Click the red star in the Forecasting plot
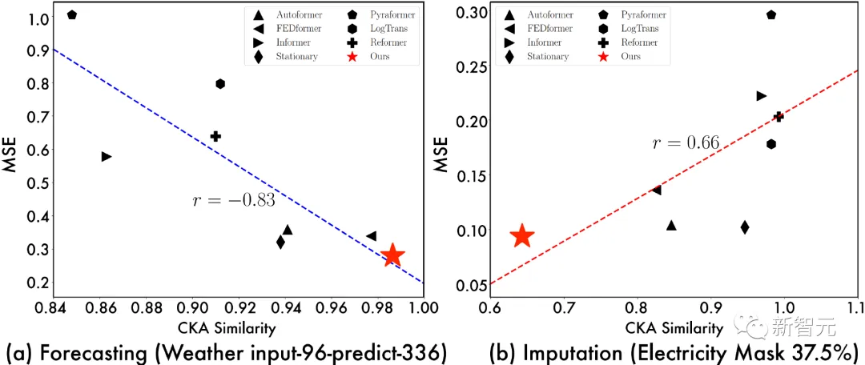(x=392, y=255)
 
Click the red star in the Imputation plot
(x=521, y=236)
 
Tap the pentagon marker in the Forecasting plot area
(x=72, y=14)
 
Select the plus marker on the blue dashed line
(x=215, y=136)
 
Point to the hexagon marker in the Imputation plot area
(x=771, y=144)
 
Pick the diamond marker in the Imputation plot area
(x=745, y=227)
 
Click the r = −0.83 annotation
(x=234, y=200)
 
